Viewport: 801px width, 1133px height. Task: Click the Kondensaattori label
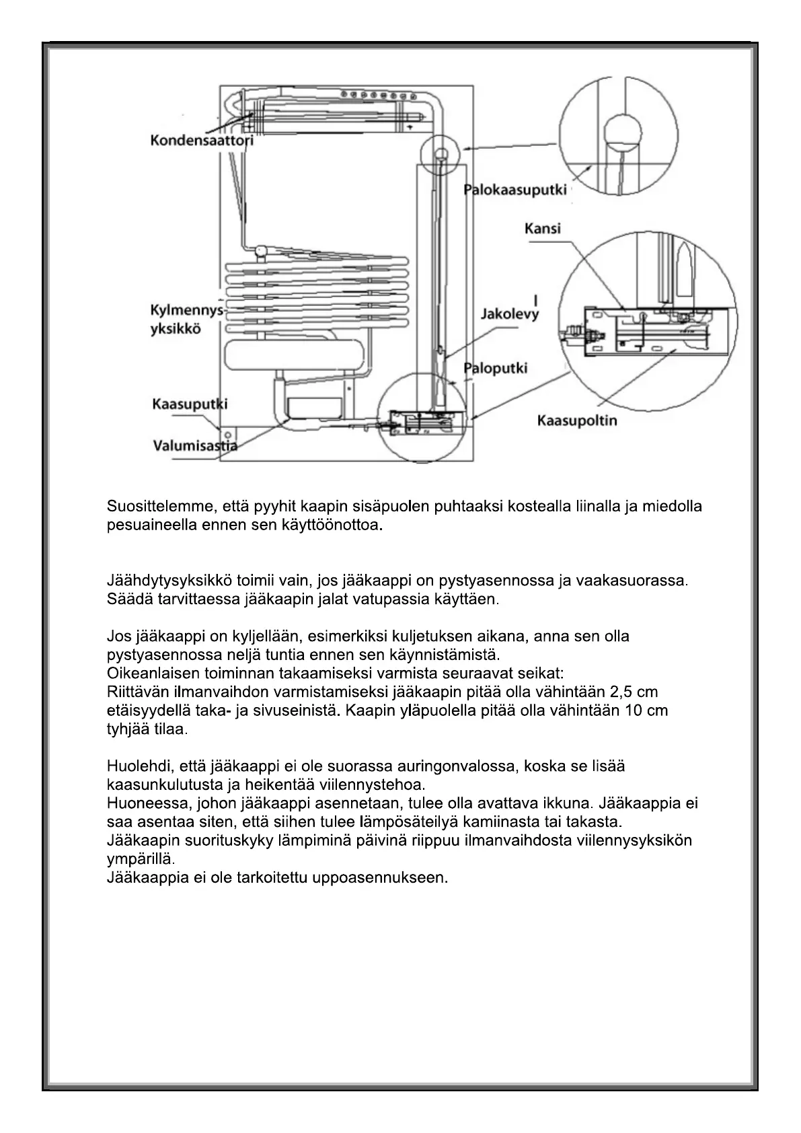[x=201, y=143]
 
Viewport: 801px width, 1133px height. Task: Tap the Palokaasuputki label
[x=515, y=190]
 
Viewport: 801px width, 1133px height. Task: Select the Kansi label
[x=542, y=229]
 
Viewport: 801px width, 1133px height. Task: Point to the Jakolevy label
[x=510, y=314]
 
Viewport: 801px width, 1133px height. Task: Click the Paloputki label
[x=496, y=367]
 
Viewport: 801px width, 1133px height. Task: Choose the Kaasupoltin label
[x=576, y=421]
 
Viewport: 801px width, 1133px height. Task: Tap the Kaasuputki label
[x=190, y=404]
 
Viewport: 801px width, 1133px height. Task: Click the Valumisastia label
[x=194, y=444]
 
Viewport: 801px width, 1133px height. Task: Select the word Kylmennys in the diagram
[x=186, y=310]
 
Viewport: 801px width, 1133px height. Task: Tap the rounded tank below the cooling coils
[x=295, y=356]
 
